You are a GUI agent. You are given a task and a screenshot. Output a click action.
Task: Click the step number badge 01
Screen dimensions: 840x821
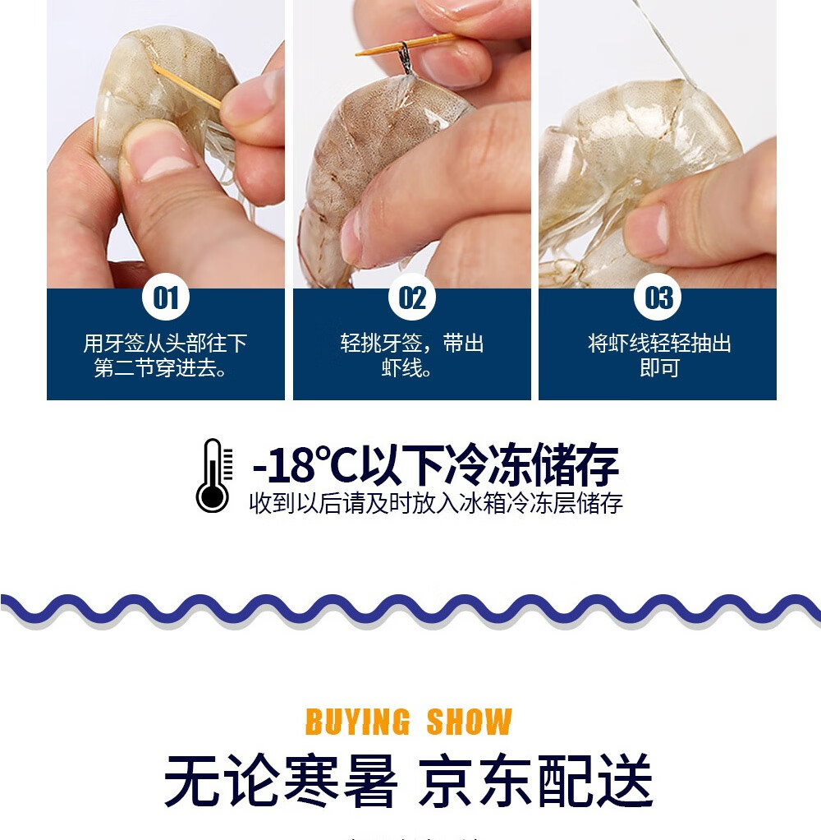coord(166,298)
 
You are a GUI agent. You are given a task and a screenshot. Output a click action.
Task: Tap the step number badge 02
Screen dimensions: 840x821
coord(412,298)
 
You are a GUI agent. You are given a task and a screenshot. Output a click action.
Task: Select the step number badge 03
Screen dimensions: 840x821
coord(658,298)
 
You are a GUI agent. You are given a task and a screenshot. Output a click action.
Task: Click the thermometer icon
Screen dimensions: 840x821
coord(213,476)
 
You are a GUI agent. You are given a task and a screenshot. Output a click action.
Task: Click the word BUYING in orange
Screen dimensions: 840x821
coord(357,722)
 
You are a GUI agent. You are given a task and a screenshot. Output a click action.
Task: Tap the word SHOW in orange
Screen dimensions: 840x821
coord(469,722)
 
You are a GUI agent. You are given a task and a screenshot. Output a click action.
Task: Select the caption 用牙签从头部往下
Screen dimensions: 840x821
coord(166,343)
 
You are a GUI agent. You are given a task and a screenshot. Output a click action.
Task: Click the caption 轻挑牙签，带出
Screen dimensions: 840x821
coord(412,343)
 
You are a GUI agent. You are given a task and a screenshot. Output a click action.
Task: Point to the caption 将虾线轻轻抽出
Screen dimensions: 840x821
coord(658,343)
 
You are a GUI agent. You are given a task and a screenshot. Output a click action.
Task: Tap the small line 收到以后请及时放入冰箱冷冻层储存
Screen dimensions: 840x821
coord(436,503)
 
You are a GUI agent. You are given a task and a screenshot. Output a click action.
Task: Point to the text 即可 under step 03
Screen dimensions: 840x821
coord(658,368)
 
